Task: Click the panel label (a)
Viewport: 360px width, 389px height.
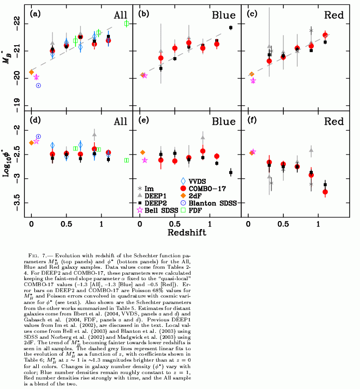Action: point(35,13)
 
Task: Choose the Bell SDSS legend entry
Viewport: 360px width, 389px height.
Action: point(159,211)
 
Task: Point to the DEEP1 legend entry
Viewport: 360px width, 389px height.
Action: point(155,196)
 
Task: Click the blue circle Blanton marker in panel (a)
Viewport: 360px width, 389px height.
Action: point(38,85)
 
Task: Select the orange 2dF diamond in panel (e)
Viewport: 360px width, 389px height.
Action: point(143,153)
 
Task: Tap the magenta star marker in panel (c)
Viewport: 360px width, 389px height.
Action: point(253,80)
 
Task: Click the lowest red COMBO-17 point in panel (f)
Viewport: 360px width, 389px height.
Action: point(325,192)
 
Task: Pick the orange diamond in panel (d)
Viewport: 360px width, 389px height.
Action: point(31,143)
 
